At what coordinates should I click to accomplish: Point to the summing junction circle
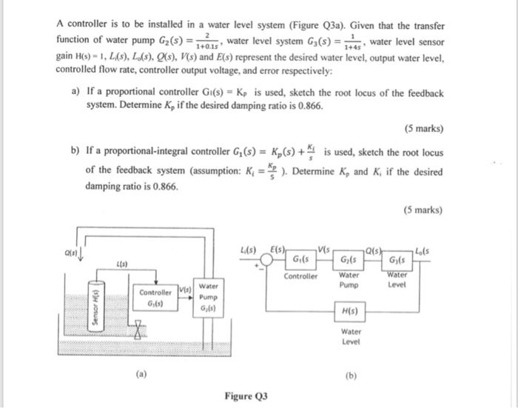pos(262,261)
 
